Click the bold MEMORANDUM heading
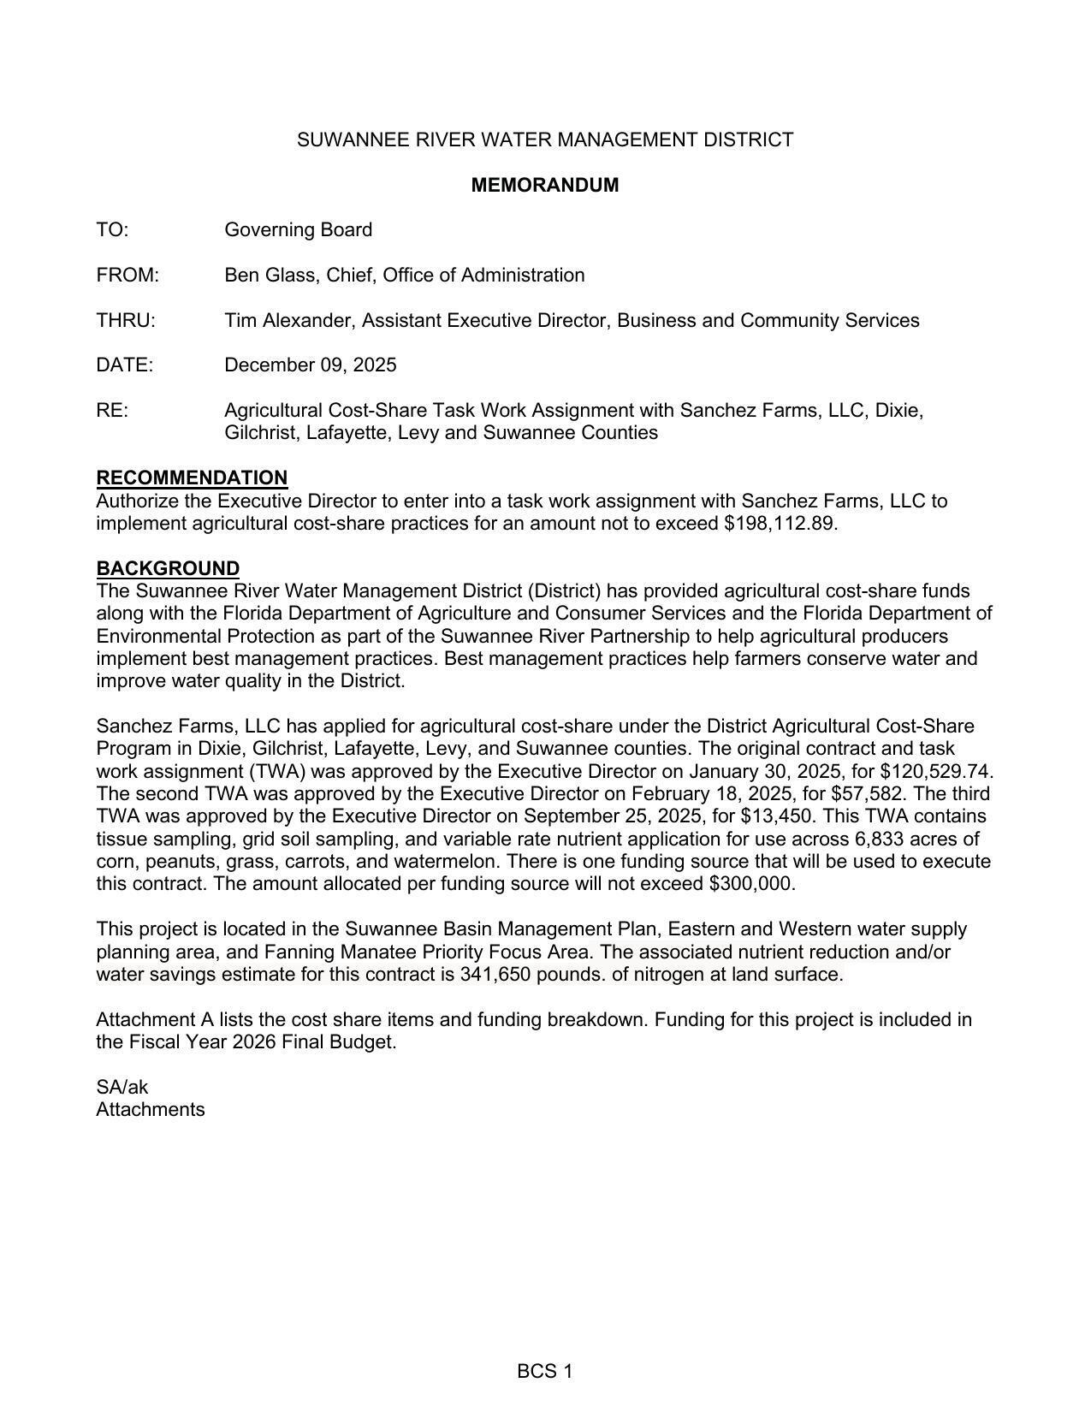(x=544, y=185)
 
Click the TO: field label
(x=112, y=230)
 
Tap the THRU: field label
(x=126, y=321)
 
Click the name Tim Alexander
(x=289, y=321)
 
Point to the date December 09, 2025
(x=310, y=365)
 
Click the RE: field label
(x=112, y=411)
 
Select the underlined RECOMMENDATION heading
(x=192, y=478)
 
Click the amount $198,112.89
(x=780, y=524)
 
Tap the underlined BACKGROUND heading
(x=168, y=568)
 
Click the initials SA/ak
(x=122, y=1088)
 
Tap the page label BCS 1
(x=544, y=1372)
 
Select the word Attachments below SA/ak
(x=151, y=1110)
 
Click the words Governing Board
(x=298, y=230)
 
